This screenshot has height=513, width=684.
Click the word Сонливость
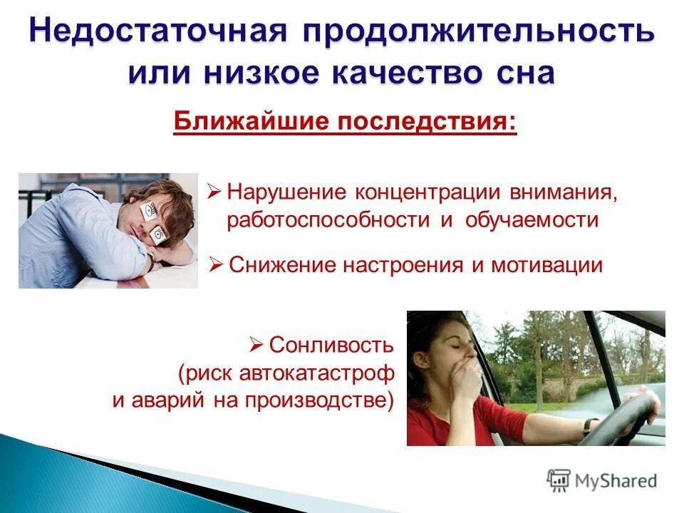[331, 346]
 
